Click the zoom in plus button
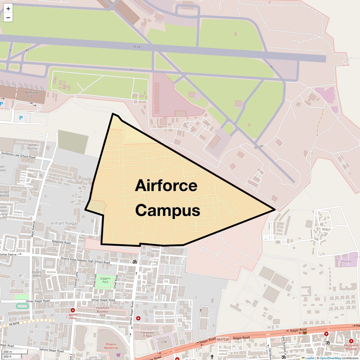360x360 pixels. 8,9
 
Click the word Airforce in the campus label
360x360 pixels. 166,186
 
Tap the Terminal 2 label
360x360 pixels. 31,94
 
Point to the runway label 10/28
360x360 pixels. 136,47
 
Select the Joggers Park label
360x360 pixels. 105,280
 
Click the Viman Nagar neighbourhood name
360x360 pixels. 64,223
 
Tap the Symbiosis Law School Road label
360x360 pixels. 18,155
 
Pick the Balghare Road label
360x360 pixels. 61,242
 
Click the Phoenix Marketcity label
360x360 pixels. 111,346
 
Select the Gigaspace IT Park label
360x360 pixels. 147,334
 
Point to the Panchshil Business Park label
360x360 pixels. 103,311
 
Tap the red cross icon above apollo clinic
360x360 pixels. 73,310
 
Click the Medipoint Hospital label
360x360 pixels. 351,347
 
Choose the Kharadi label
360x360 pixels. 346,261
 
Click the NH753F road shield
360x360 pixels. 223,339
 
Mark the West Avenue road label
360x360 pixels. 33,229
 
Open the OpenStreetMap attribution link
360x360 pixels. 330,358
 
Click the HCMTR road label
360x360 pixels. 14,324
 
